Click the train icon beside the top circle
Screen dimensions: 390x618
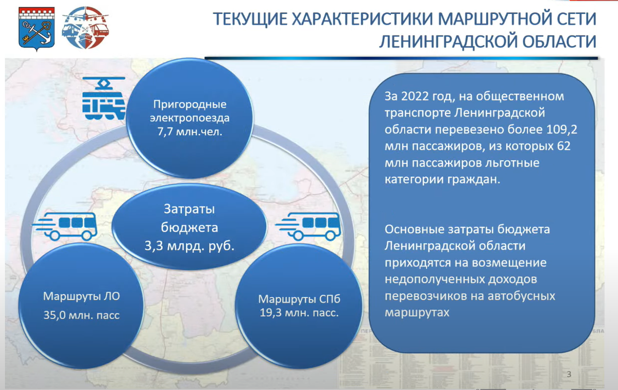pos(104,99)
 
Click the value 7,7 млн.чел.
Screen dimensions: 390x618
pos(190,131)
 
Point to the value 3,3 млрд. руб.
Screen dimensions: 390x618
pos(190,246)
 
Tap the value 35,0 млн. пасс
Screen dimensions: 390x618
pos(81,315)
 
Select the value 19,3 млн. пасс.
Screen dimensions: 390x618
pos(299,312)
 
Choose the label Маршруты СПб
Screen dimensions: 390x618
pos(299,299)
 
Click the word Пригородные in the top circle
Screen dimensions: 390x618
pos(190,104)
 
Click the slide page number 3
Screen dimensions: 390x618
pos(569,374)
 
